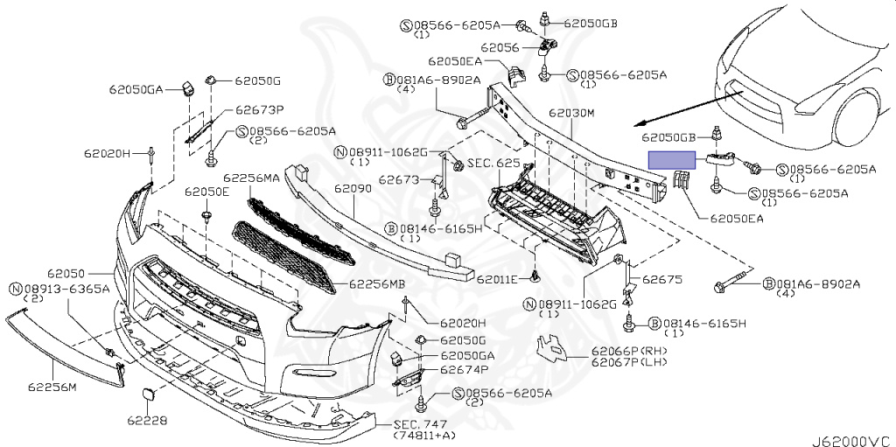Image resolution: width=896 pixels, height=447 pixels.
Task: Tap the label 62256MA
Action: pos(251,178)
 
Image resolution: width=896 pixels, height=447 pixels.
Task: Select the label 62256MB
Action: pos(377,284)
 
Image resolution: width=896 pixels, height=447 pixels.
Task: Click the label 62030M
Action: pos(571,114)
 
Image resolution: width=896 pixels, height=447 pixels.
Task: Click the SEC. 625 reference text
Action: pos(494,164)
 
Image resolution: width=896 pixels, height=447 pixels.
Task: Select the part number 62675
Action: pos(661,281)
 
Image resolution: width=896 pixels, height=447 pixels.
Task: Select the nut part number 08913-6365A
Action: pos(66,289)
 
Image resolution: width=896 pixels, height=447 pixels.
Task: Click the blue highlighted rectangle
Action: pos(671,160)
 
